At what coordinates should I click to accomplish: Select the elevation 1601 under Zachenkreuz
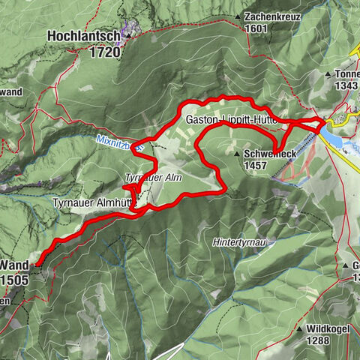pyautogui.click(x=256, y=28)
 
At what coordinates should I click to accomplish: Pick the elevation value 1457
pyautogui.click(x=255, y=165)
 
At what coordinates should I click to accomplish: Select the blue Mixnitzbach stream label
pyautogui.click(x=119, y=142)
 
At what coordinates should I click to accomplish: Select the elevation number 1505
pyautogui.click(x=15, y=279)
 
